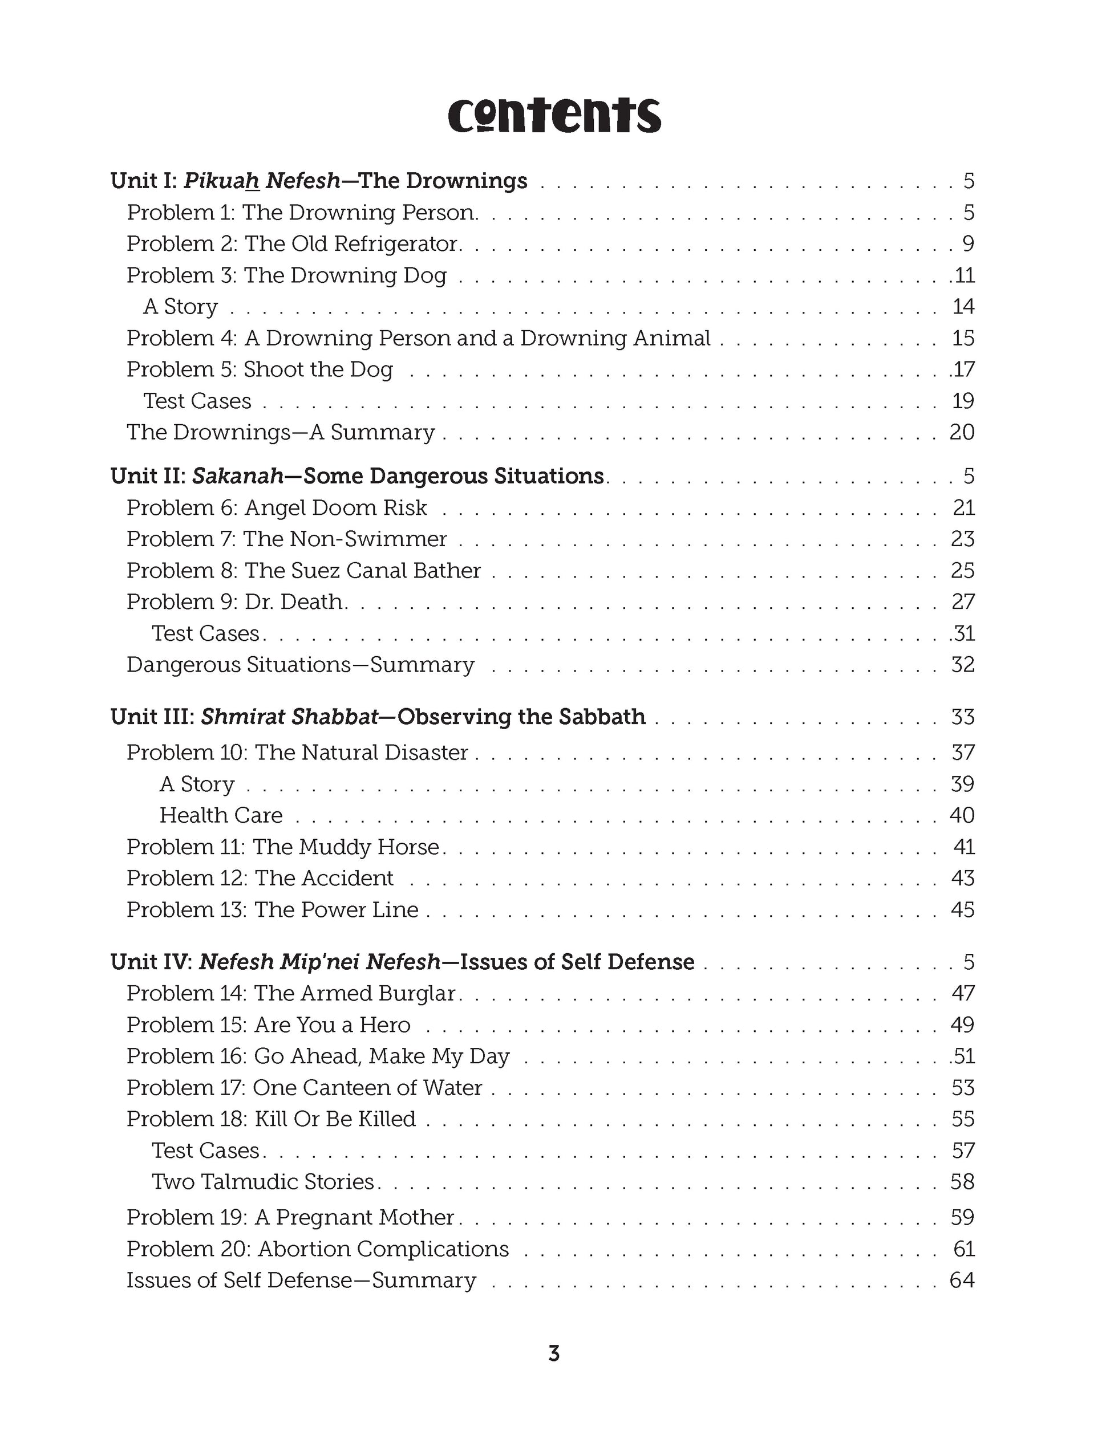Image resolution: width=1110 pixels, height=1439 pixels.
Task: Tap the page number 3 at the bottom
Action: (x=554, y=1353)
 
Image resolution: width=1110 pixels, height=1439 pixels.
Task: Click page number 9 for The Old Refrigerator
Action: (x=967, y=244)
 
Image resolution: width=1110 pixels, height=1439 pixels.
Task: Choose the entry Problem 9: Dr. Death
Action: (x=236, y=601)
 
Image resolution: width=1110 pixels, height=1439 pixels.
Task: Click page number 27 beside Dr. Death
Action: (x=963, y=601)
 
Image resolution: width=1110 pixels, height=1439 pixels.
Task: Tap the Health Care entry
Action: (x=221, y=815)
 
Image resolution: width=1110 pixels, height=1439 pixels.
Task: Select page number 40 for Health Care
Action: (x=962, y=815)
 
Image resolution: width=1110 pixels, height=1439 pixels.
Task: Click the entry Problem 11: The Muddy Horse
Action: (x=283, y=847)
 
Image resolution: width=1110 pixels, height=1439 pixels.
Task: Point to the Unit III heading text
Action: (x=378, y=716)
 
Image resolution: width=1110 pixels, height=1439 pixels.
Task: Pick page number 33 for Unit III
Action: (x=963, y=716)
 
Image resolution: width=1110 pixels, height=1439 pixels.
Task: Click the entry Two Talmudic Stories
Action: (x=263, y=1181)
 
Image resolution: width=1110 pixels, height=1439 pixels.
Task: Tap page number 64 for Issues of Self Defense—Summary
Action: (x=962, y=1280)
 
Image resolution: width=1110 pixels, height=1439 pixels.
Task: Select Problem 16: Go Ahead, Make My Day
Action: (x=318, y=1056)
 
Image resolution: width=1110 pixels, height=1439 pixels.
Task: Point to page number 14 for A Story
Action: (x=963, y=306)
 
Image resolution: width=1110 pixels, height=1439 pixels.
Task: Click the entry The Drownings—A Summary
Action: (x=281, y=432)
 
